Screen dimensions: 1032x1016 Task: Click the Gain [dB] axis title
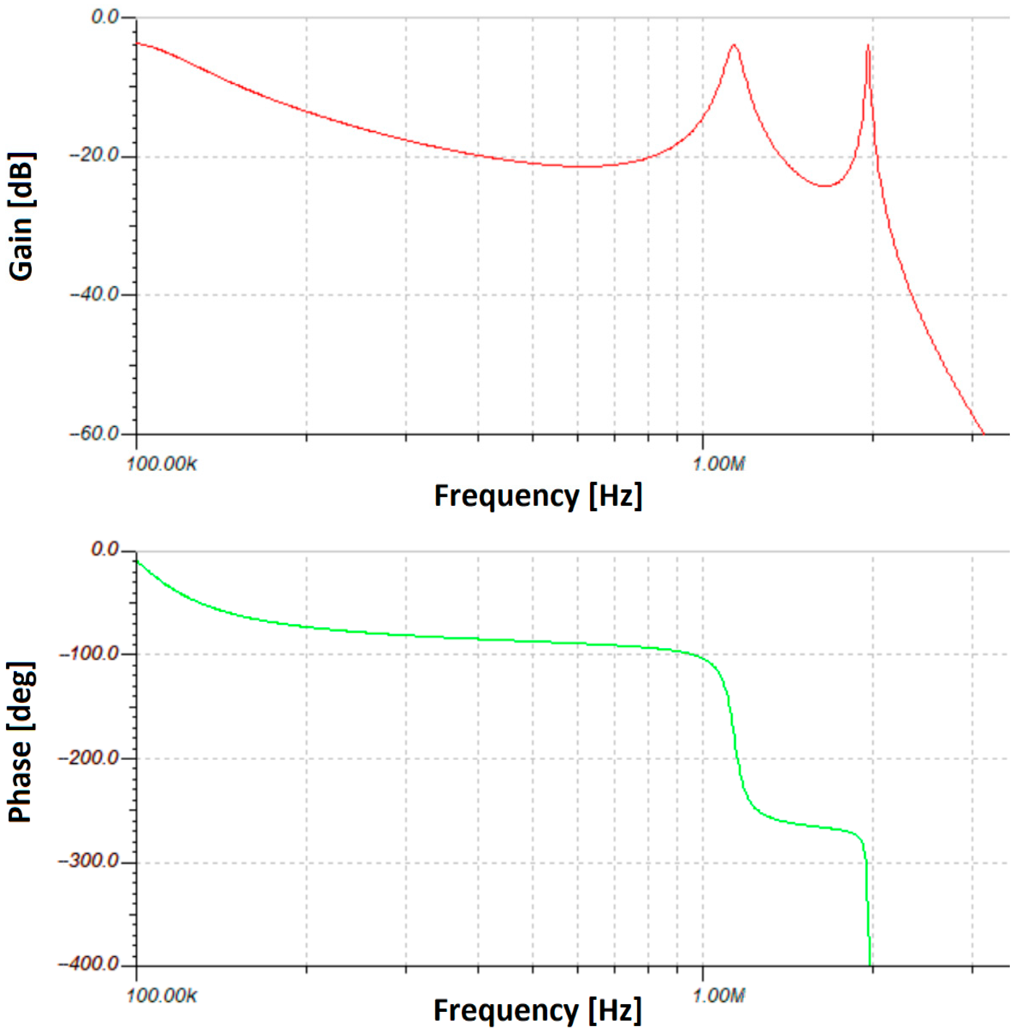click(21, 216)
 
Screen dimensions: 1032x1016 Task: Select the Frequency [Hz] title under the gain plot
click(538, 496)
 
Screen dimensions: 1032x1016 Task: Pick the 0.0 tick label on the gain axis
click(107, 17)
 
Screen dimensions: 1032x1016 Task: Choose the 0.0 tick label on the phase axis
click(107, 550)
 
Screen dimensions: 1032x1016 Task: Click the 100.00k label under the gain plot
click(162, 464)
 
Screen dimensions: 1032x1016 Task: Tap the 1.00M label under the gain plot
click(718, 464)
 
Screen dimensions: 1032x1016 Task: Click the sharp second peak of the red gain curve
click(868, 46)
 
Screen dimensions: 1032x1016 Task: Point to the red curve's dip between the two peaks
click(825, 186)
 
